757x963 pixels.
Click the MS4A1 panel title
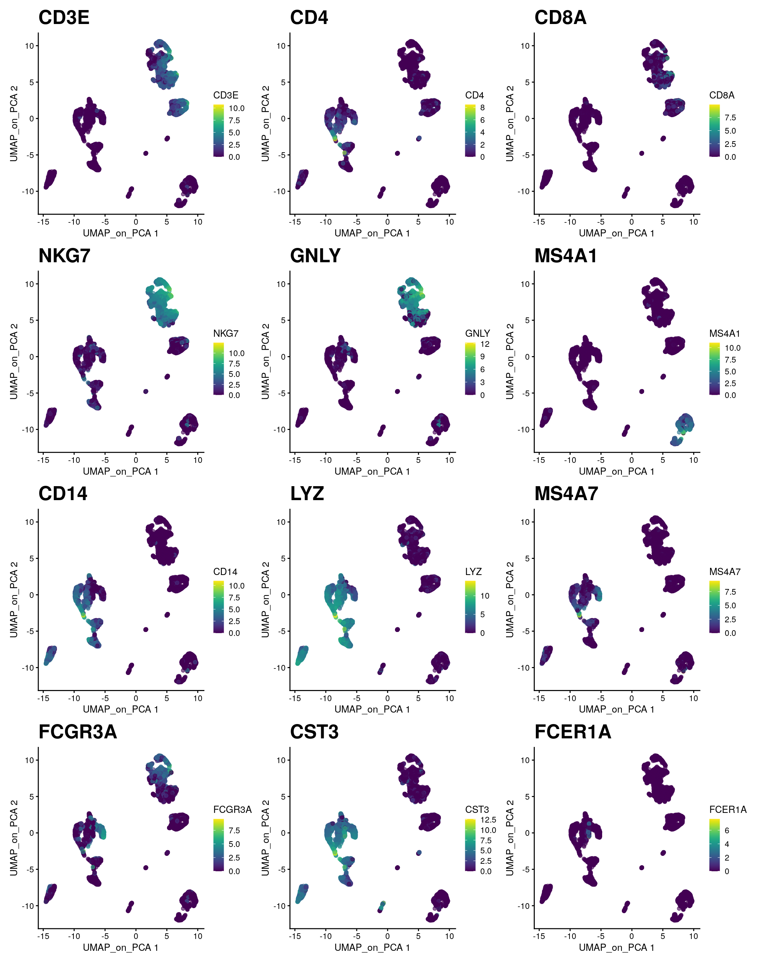point(566,256)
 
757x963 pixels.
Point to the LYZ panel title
point(307,494)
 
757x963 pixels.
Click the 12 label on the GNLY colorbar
point(485,344)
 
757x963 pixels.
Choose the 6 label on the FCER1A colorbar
point(727,830)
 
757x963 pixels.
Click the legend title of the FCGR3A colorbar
point(232,810)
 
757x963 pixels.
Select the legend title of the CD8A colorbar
point(722,95)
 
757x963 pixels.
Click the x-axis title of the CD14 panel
point(120,709)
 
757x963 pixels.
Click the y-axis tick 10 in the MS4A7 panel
point(525,522)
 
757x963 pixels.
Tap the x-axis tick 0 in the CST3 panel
point(387,936)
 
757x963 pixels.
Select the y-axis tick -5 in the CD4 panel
point(281,155)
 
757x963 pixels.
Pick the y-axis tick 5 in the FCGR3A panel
point(32,797)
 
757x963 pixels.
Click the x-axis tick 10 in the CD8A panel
point(693,222)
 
